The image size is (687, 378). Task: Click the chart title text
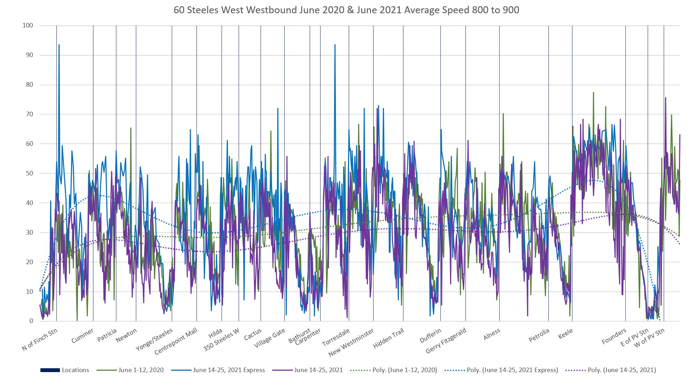pyautogui.click(x=346, y=10)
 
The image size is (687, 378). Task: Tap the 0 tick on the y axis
pyautogui.click(x=31, y=321)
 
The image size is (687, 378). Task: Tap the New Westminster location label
pyautogui.click(x=351, y=342)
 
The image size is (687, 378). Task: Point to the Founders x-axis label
pyautogui.click(x=614, y=336)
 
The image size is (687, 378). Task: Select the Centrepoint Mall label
pyautogui.click(x=176, y=341)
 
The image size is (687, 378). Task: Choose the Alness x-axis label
pyautogui.click(x=492, y=334)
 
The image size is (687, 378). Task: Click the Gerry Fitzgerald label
pyautogui.click(x=446, y=340)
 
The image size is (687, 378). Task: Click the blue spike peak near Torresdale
pyautogui.click(x=335, y=45)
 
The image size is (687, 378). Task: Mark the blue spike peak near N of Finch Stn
pyautogui.click(x=59, y=45)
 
